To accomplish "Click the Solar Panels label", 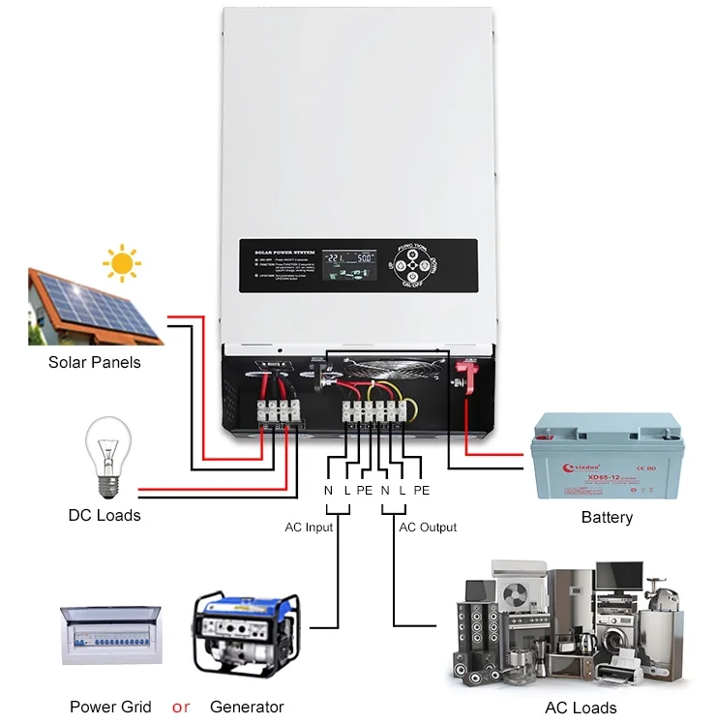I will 94,363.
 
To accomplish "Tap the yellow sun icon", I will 122,261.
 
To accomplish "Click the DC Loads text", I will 104,515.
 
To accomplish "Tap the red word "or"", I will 180,707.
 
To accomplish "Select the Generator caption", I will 247,707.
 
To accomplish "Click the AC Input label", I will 306,528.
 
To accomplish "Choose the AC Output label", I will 428,528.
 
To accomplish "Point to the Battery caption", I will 607,517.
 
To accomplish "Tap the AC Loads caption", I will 581,708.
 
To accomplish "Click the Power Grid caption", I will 110,707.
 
